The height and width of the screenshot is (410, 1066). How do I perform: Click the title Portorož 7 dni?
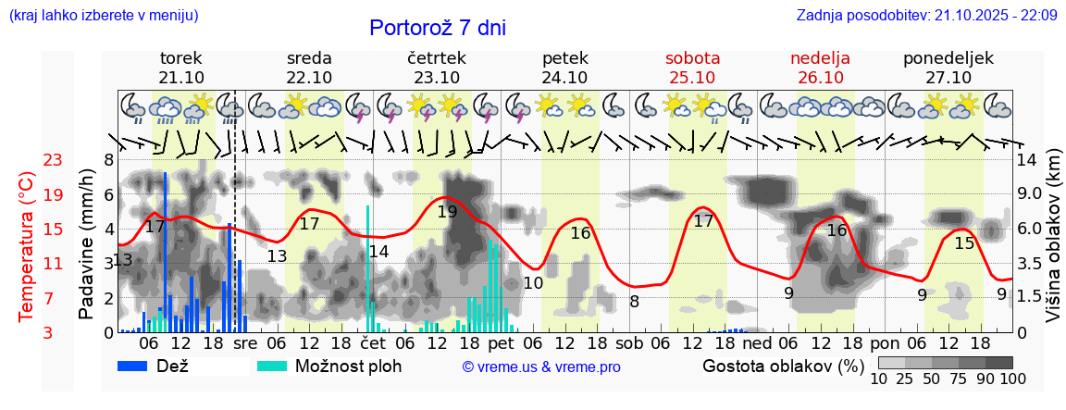pyautogui.click(x=437, y=28)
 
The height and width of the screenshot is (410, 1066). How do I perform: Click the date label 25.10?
pyautogui.click(x=692, y=77)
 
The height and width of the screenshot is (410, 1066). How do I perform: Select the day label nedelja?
pyautogui.click(x=820, y=58)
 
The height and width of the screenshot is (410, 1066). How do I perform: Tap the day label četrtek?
pyautogui.click(x=437, y=58)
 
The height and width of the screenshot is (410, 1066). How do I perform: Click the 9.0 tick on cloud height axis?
pyautogui.click(x=1031, y=195)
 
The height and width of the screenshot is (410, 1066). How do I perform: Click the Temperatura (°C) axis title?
pyautogui.click(x=26, y=246)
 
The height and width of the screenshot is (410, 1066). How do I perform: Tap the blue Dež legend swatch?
pyautogui.click(x=139, y=366)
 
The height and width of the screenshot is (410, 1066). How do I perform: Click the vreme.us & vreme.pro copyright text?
pyautogui.click(x=541, y=367)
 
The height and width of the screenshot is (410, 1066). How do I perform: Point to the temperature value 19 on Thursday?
pyautogui.click(x=447, y=211)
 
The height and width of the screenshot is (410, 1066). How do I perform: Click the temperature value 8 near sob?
pyautogui.click(x=634, y=301)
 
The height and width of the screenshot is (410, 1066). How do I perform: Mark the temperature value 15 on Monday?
pyautogui.click(x=964, y=242)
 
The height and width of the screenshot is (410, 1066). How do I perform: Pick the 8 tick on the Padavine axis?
pyautogui.click(x=108, y=160)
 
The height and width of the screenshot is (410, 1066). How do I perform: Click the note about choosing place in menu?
pyautogui.click(x=103, y=16)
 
